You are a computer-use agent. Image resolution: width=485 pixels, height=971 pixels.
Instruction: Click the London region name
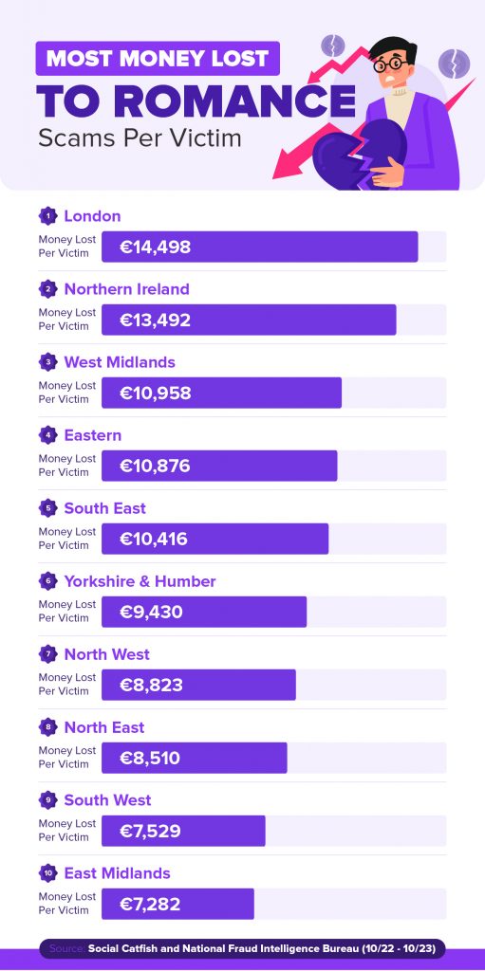92,216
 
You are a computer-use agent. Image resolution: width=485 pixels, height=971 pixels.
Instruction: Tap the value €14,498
155,247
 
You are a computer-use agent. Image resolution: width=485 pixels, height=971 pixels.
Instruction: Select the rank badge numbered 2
47,289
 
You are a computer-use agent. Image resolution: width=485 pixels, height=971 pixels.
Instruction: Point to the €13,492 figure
155,321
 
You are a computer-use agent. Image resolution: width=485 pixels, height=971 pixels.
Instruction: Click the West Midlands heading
120,362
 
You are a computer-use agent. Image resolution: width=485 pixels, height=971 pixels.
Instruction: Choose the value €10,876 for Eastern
155,467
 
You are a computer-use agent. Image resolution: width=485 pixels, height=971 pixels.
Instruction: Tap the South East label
104,508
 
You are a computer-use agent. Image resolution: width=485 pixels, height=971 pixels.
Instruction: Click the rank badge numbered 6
47,581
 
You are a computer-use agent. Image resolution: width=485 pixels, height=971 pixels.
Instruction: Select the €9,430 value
151,613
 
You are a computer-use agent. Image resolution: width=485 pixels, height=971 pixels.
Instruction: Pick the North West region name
106,654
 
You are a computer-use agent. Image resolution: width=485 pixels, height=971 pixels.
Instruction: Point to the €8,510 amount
150,759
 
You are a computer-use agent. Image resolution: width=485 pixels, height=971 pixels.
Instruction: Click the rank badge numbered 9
47,800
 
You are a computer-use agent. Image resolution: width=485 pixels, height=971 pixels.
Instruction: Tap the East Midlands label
118,873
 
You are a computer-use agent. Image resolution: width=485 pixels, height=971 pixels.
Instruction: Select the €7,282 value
150,905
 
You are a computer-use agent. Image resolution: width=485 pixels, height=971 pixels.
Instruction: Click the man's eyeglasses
391,64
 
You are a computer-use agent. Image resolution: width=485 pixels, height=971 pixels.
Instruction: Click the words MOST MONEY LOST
158,59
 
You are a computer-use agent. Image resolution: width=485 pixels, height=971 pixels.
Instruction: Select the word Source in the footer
66,948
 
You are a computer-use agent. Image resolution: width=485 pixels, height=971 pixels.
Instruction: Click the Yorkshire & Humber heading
140,581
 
